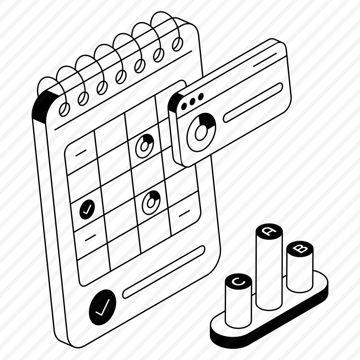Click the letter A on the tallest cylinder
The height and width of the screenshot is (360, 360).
[x=269, y=231]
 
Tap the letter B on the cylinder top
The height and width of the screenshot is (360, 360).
[x=300, y=249]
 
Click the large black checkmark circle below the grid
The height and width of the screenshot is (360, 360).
[x=103, y=308]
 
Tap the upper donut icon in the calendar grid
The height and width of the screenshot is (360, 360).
[x=144, y=146]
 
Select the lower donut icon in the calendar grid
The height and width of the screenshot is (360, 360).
[x=151, y=202]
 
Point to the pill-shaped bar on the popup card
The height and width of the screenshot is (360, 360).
[x=253, y=103]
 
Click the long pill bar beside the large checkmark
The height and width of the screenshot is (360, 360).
[x=164, y=272]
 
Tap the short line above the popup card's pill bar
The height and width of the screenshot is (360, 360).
[x=265, y=60]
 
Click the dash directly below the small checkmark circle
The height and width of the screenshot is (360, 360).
[x=90, y=238]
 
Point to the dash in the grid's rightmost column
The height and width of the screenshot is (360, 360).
[x=184, y=213]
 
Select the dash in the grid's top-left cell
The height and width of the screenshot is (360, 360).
[x=81, y=153]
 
